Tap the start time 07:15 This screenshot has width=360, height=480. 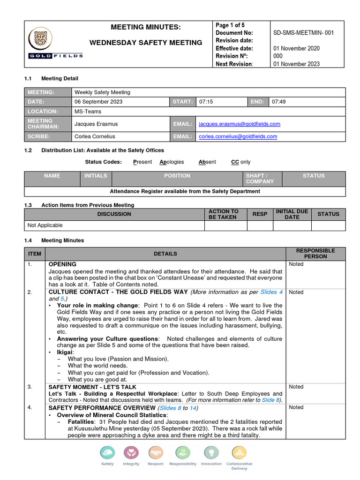pos(206,102)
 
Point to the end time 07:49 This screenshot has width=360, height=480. pos(279,102)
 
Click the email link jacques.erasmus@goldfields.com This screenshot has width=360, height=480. pos(240,124)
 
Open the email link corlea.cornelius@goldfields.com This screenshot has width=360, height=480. pos(238,136)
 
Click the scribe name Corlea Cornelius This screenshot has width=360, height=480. pos(95,136)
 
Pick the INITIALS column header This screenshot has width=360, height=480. pos(96,176)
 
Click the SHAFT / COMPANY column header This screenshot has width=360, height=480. pos(260,179)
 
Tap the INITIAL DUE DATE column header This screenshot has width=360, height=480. pos(292,214)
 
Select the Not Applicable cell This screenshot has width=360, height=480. pos(45,225)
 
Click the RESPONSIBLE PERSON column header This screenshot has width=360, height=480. pos(315,254)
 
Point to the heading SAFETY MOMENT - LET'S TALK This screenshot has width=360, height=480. pos(92,387)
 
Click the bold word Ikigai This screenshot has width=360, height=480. pos(65,352)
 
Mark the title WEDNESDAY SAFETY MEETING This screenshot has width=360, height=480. pos(146,43)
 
